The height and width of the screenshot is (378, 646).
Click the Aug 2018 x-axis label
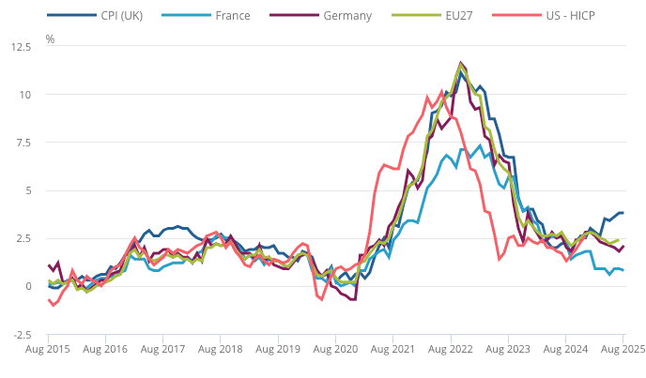222,350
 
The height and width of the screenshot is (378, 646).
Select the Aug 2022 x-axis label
452,350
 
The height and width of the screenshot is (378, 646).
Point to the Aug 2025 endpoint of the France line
623,270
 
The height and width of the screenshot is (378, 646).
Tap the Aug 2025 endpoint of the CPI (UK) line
623,213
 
